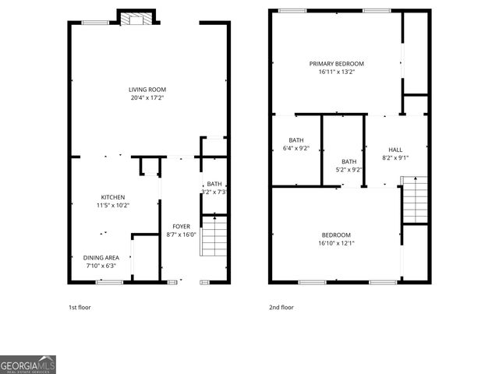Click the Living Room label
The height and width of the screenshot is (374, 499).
147,90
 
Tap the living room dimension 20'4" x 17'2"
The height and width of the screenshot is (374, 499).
147,98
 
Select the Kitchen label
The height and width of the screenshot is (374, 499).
113,197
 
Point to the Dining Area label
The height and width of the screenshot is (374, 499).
101,257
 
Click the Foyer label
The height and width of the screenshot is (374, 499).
181,227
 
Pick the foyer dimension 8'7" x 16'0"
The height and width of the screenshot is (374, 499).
181,235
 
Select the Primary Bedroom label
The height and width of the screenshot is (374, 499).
336,64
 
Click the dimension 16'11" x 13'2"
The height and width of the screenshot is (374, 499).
336,72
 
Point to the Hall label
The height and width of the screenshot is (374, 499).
395,150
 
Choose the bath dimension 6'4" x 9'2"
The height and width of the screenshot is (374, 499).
296,148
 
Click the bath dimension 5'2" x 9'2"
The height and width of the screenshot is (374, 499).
349,169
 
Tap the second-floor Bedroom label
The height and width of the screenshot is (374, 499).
336,235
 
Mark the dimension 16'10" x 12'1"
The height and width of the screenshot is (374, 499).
336,242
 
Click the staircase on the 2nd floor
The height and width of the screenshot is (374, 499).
414,200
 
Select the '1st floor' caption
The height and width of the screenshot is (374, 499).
80,307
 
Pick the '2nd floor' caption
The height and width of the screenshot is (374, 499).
281,307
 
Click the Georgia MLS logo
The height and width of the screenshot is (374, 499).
28,365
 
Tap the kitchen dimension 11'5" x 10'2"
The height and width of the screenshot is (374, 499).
113,206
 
